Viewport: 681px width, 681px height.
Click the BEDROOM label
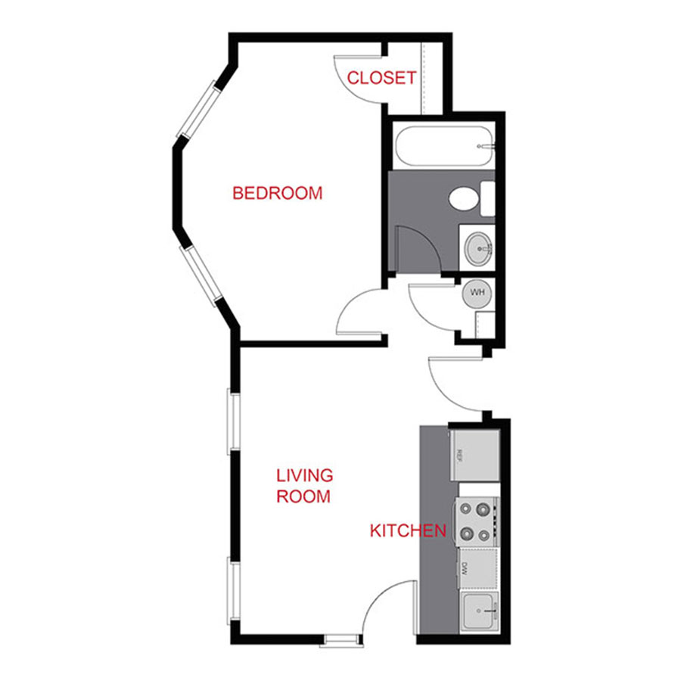(x=277, y=193)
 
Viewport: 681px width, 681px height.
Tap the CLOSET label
(x=381, y=77)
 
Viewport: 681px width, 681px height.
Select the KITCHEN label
(x=407, y=530)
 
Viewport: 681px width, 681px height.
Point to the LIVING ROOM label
(x=303, y=486)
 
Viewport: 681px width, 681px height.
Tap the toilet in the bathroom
(x=465, y=199)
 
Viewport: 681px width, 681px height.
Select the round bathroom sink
(x=478, y=248)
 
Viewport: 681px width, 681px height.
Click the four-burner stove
(x=476, y=521)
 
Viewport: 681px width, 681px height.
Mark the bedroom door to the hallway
(x=359, y=310)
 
